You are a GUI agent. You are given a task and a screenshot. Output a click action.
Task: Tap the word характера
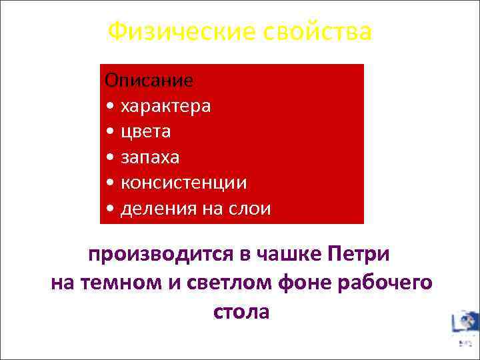(165, 106)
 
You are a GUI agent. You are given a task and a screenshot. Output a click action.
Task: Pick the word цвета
(145, 131)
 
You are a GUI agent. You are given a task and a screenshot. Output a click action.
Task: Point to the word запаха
(150, 157)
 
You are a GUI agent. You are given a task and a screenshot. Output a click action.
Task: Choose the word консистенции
(183, 183)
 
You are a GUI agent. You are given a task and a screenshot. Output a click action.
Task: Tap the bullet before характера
(110, 107)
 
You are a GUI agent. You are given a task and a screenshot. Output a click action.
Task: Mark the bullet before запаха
(110, 158)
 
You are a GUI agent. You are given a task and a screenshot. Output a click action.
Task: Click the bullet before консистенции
(110, 183)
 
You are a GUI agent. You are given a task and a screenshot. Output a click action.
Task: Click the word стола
(241, 311)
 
